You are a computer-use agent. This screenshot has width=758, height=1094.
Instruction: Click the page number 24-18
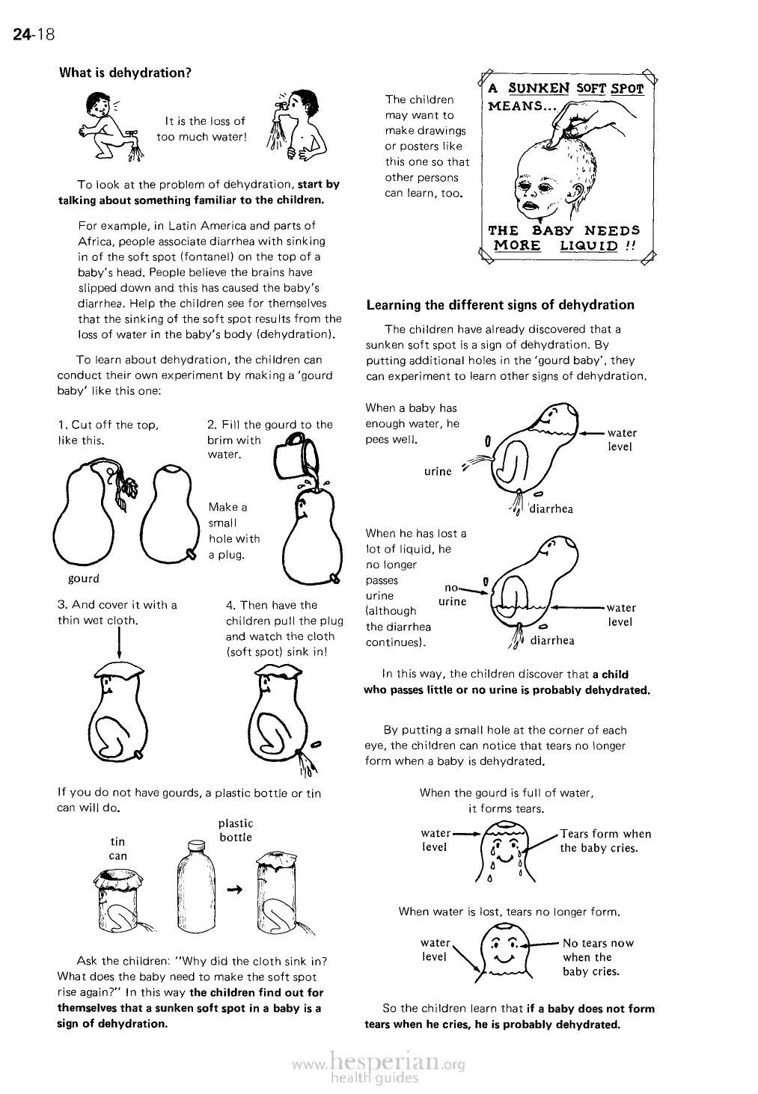tap(31, 34)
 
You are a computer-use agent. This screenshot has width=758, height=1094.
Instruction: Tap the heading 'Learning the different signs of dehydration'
tap(500, 305)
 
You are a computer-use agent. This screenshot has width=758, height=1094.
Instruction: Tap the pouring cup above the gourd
tap(291, 460)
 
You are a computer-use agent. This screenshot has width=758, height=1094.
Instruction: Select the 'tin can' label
tap(117, 849)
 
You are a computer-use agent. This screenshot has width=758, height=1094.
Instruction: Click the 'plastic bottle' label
tap(235, 830)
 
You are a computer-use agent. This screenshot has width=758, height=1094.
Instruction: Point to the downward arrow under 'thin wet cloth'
tap(119, 643)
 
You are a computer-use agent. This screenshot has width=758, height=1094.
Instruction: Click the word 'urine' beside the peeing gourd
tap(438, 471)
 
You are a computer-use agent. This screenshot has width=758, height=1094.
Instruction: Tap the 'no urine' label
tap(451, 595)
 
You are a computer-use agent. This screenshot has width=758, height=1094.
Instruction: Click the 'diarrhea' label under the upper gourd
tap(551, 509)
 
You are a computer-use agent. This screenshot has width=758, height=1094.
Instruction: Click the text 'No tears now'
tap(598, 943)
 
